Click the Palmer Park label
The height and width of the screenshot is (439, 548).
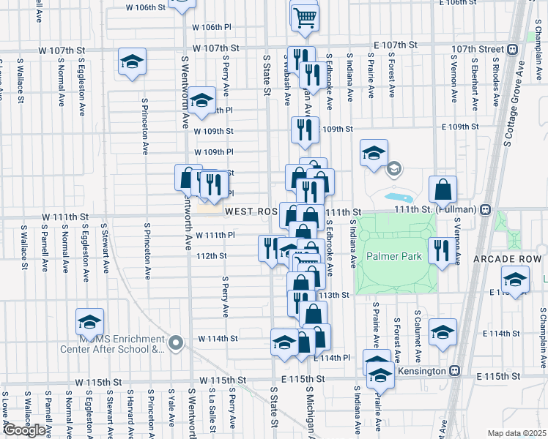(394, 257)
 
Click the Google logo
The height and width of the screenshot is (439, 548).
(24, 429)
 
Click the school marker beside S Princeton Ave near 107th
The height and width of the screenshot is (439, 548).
(132, 61)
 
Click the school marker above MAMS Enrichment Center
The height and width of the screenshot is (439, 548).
(89, 321)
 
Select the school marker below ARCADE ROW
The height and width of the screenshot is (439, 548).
(514, 279)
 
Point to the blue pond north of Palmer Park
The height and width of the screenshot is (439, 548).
(399, 198)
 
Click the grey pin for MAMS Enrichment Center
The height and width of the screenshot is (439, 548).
(174, 342)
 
